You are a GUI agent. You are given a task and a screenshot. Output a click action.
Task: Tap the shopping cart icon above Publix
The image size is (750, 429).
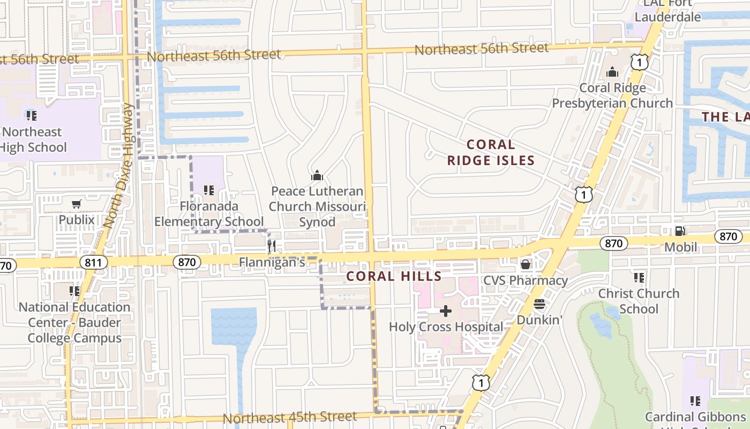[x=77, y=204]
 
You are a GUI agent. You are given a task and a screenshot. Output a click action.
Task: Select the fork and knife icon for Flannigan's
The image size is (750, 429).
[x=272, y=246]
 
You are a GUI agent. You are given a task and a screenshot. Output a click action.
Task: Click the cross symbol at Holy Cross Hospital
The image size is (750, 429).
[x=446, y=311]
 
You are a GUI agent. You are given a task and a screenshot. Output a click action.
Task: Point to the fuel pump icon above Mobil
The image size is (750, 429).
[x=680, y=231]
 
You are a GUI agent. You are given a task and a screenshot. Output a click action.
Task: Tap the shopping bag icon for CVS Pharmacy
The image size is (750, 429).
[x=526, y=264]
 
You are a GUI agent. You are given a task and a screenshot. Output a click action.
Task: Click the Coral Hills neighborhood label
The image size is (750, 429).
[x=394, y=277]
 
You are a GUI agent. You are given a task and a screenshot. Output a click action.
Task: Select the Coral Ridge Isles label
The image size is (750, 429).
[x=491, y=152]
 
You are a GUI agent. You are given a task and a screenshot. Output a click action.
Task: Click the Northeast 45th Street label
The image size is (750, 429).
[x=289, y=417]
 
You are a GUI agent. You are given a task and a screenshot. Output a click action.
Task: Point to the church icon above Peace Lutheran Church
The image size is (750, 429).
[x=317, y=175]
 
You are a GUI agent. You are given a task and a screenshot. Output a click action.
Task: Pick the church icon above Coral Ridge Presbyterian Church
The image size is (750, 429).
[x=612, y=72]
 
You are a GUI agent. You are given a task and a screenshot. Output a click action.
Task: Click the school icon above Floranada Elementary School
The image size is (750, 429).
[x=209, y=190]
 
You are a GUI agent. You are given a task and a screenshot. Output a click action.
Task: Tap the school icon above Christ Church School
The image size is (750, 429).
[x=639, y=277]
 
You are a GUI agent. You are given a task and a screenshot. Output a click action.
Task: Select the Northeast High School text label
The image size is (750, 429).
[x=33, y=139]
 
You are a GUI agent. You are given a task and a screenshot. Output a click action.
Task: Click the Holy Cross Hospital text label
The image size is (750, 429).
[x=446, y=327]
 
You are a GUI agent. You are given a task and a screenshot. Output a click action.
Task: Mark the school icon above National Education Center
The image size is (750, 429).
[x=74, y=291]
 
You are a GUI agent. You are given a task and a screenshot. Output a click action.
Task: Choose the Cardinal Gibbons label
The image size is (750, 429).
[x=694, y=417]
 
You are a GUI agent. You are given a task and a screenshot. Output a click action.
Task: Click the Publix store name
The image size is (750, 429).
[x=77, y=219]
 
